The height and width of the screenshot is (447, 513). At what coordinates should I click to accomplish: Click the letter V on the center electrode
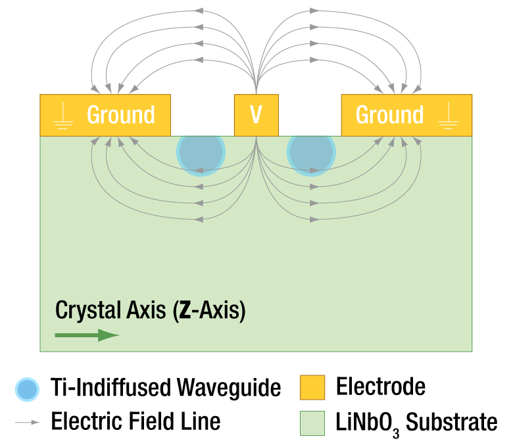(256, 115)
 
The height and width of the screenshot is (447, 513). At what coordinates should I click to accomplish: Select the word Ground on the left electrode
(121, 115)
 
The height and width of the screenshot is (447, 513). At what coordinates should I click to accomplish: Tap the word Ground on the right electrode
(389, 115)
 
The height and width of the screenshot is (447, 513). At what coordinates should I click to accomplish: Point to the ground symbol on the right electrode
(449, 116)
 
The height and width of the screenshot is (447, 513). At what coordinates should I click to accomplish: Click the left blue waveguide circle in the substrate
(201, 152)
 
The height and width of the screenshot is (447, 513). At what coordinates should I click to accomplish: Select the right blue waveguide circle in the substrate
(311, 152)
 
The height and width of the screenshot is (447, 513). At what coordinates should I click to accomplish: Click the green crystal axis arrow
(86, 335)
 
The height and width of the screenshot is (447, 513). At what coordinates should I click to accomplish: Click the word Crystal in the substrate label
(80, 310)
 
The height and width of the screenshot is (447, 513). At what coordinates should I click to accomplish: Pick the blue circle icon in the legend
(28, 389)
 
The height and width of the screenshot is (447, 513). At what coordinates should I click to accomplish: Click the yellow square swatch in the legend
(312, 388)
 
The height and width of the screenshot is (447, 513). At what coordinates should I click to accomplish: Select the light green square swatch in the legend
(312, 423)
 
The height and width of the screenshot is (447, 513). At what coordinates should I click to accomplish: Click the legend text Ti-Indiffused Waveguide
(165, 388)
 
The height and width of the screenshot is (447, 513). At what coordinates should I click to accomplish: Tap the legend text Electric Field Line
(135, 421)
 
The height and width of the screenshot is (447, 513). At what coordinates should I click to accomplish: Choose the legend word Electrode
(380, 387)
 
